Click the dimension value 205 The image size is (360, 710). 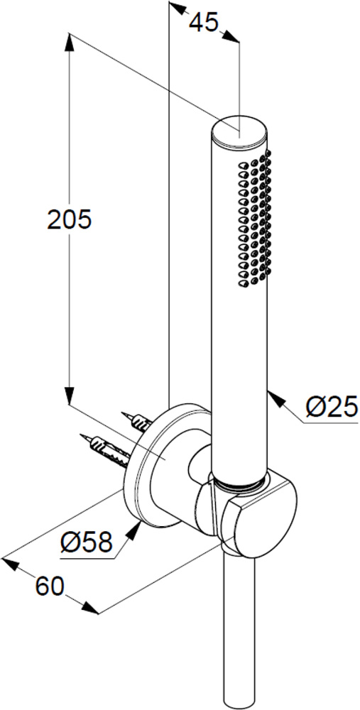coord(70,219)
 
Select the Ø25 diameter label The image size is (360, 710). coord(331,408)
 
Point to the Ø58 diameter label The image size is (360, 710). coord(87,542)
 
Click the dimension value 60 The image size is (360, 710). coord(50,587)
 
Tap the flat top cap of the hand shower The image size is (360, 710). coord(239,131)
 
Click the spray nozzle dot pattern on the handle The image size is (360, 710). coord(255,219)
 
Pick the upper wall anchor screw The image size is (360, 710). coord(137,420)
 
